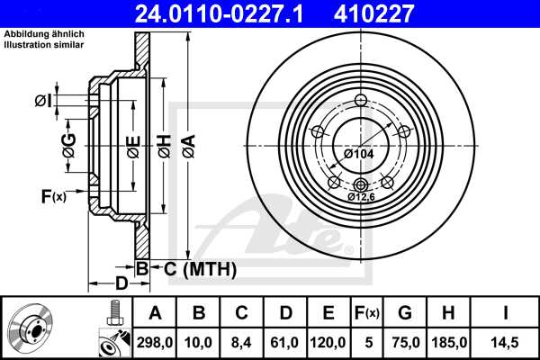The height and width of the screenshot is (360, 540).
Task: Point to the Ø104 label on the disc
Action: pyautogui.click(x=358, y=155)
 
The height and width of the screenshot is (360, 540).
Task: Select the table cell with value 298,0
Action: pyautogui.click(x=155, y=341)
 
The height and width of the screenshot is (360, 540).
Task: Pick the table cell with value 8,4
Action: pyautogui.click(x=241, y=341)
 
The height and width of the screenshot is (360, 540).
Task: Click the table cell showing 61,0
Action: pyautogui.click(x=285, y=341)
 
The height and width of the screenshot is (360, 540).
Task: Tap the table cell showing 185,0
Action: pyautogui.click(x=447, y=341)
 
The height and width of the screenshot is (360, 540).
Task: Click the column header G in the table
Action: pyautogui.click(x=405, y=312)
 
